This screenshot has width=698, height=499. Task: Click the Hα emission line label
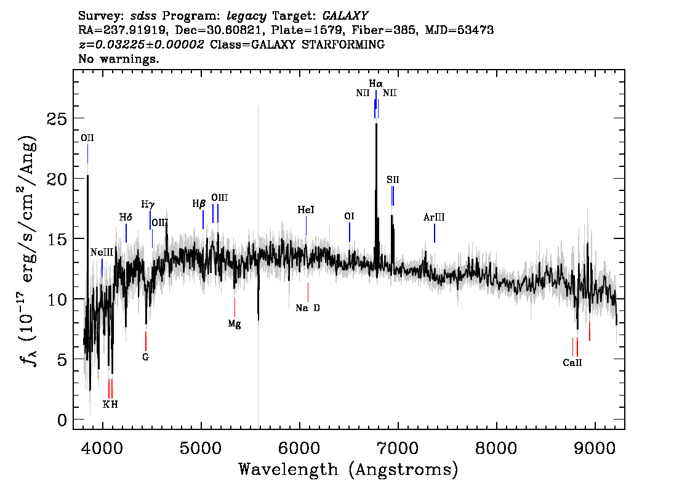[375, 83]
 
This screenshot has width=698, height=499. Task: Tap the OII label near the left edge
[87, 138]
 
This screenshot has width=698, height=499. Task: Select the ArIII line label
[434, 217]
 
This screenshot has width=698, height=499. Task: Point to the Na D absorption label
[308, 308]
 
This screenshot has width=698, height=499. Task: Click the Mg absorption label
[235, 324]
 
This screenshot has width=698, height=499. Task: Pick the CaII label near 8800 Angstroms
[572, 363]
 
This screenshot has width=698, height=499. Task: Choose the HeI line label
[306, 209]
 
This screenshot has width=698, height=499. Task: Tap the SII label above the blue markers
[393, 179]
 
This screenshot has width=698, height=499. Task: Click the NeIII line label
[102, 253]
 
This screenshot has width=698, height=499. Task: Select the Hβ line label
[199, 204]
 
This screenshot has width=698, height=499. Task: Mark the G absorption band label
[145, 357]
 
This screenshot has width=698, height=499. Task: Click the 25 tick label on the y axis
[57, 119]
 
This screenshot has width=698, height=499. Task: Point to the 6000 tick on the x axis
[300, 448]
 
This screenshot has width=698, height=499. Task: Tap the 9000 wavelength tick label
[594, 448]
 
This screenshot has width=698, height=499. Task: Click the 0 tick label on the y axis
[62, 420]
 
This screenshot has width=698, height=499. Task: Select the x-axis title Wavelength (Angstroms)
[348, 469]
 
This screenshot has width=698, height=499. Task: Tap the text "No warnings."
[118, 59]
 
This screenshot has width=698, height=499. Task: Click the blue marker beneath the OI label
[350, 232]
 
